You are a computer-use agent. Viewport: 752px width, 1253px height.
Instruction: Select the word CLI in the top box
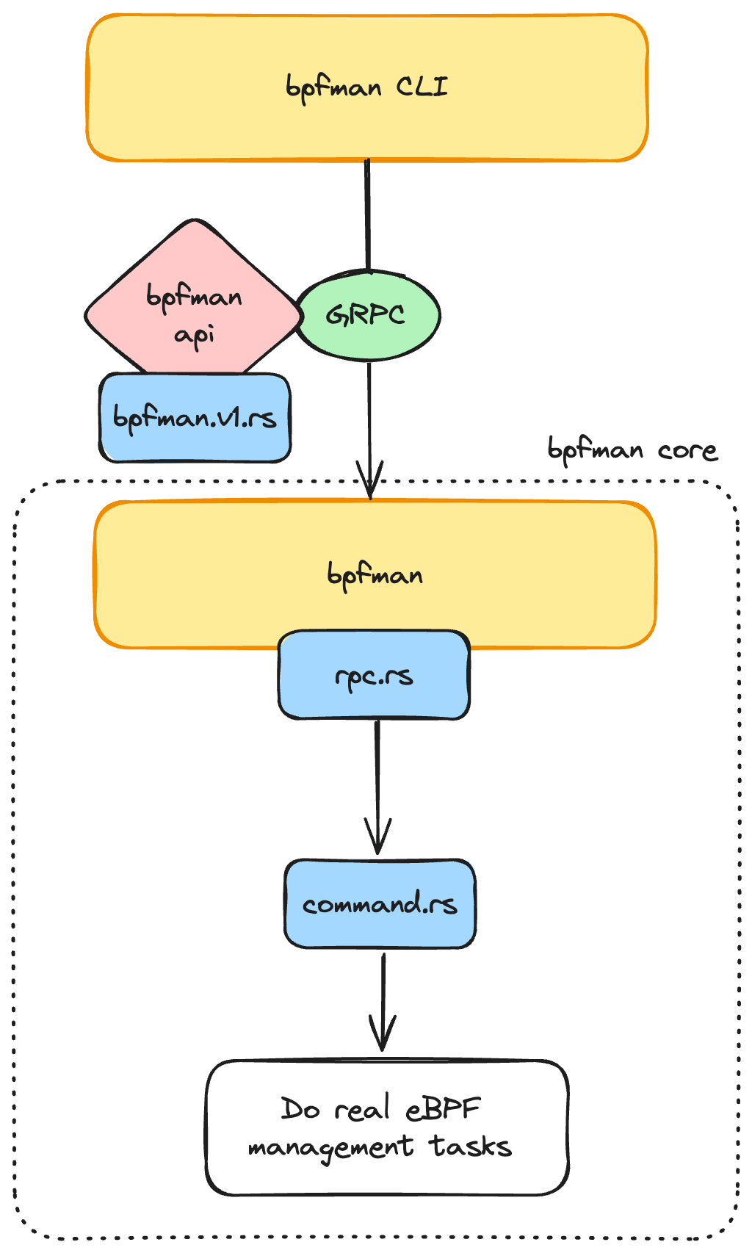(x=422, y=87)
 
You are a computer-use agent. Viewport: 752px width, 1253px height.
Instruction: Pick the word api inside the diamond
(x=195, y=335)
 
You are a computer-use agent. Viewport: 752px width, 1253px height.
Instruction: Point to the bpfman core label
(x=632, y=449)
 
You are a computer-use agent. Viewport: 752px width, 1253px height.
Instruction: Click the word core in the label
(x=687, y=449)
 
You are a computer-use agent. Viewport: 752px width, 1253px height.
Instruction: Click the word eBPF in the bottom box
(x=443, y=1108)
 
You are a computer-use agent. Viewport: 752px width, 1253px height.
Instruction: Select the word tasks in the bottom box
(x=470, y=1146)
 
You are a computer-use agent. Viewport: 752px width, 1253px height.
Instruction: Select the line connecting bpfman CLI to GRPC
(x=367, y=213)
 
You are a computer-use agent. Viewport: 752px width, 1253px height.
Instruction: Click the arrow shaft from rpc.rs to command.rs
(x=377, y=771)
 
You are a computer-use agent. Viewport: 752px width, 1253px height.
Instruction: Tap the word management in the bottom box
(x=330, y=1147)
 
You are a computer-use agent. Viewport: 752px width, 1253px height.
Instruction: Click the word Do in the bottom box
(x=300, y=1108)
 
